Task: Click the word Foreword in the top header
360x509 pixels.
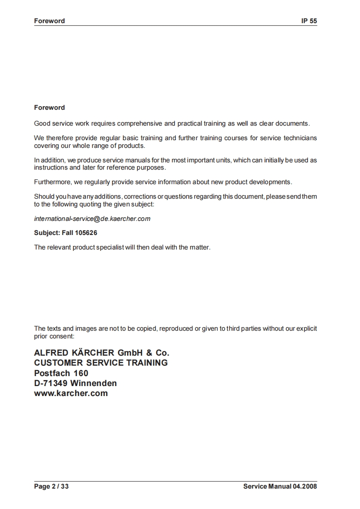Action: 49,21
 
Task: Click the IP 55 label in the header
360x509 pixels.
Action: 309,21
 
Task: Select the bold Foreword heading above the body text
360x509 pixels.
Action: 49,108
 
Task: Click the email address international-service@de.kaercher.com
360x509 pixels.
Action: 92,219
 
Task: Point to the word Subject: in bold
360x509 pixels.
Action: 47,233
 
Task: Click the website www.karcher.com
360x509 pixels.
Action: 71,393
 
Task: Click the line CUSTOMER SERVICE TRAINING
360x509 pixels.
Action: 101,363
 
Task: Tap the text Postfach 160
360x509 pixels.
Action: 61,373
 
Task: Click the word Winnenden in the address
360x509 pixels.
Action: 94,383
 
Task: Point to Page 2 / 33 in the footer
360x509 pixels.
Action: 51,487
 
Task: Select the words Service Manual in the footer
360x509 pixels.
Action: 267,487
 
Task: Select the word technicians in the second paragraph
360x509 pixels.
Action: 300,138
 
